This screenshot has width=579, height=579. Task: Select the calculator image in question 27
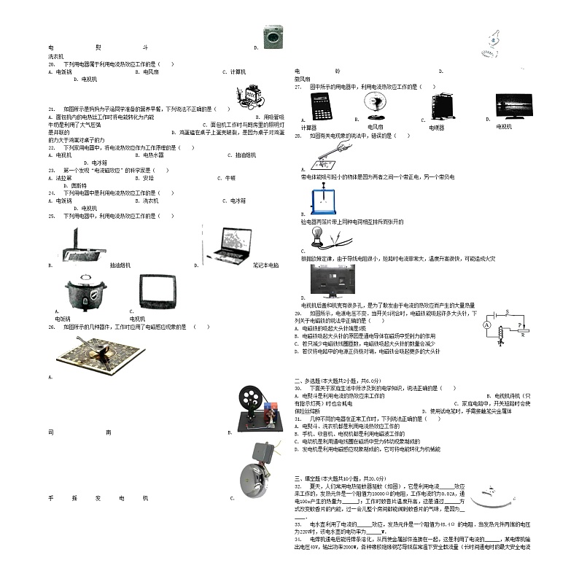[320, 106]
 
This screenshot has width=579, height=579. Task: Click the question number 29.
[298, 313]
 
